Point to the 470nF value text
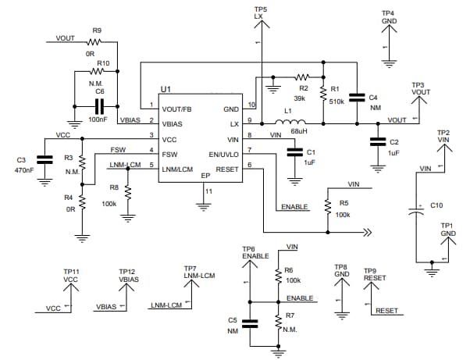coord(25,169)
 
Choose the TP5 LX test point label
coord(260,12)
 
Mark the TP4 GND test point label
coord(388,17)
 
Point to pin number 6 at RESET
coord(250,165)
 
